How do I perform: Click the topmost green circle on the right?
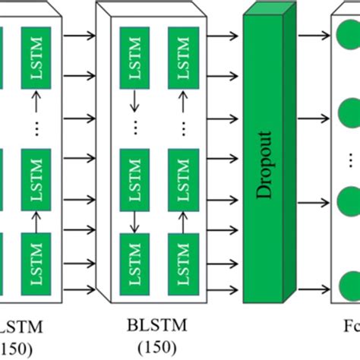tap(349, 35)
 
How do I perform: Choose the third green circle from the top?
tap(349, 201)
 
